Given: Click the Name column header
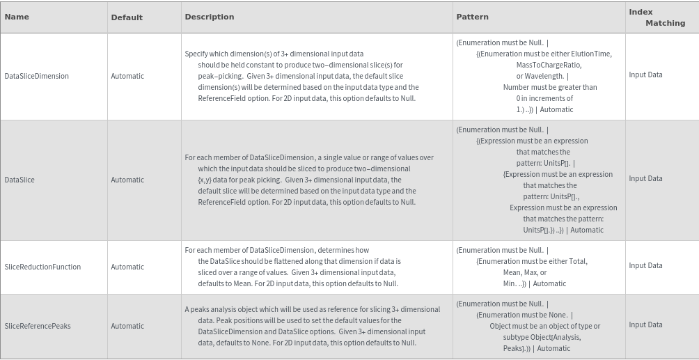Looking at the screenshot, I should [x=17, y=17].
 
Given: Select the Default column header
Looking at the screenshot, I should [x=127, y=17].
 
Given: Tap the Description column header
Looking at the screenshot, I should [x=210, y=17].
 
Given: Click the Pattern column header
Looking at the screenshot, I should [x=472, y=17].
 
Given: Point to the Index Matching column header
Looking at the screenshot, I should [x=657, y=17].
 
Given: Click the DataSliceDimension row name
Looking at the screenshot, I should [x=37, y=76].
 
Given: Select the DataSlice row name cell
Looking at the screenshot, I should [x=19, y=180].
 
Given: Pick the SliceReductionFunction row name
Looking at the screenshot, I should [x=42, y=267].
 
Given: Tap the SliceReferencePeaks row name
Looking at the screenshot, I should [x=38, y=326].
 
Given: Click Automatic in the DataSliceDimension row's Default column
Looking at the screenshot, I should [x=127, y=76].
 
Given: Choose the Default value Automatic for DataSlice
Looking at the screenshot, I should [x=127, y=180].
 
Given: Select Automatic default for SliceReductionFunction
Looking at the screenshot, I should [x=127, y=267].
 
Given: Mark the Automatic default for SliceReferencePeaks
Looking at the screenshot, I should [x=127, y=326].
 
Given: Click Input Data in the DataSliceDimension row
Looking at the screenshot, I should [x=645, y=75].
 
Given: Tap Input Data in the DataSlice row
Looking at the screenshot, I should [x=645, y=178].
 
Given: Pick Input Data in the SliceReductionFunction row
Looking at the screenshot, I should [x=645, y=265].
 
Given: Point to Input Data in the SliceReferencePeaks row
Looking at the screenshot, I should [x=645, y=324].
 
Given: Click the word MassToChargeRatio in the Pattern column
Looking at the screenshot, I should [x=549, y=65].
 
